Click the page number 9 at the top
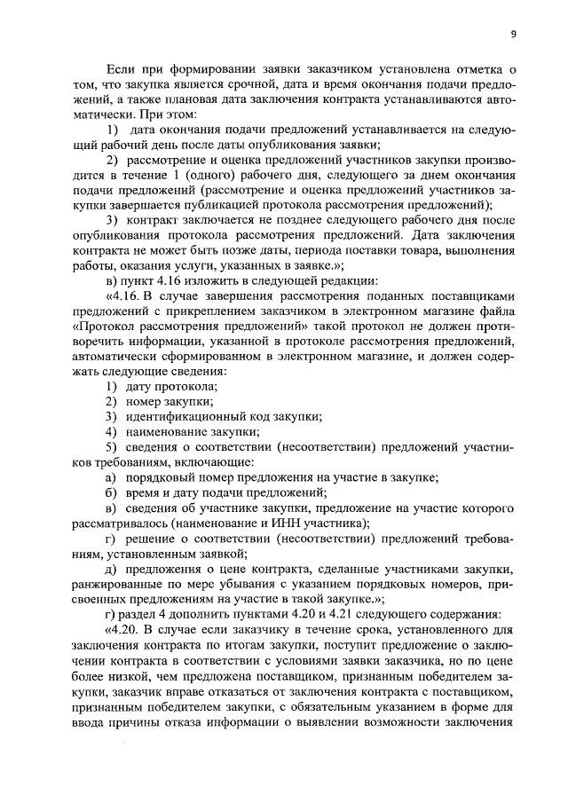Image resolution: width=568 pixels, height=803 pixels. (514, 34)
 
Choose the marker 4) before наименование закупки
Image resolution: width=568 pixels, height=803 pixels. (112, 431)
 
